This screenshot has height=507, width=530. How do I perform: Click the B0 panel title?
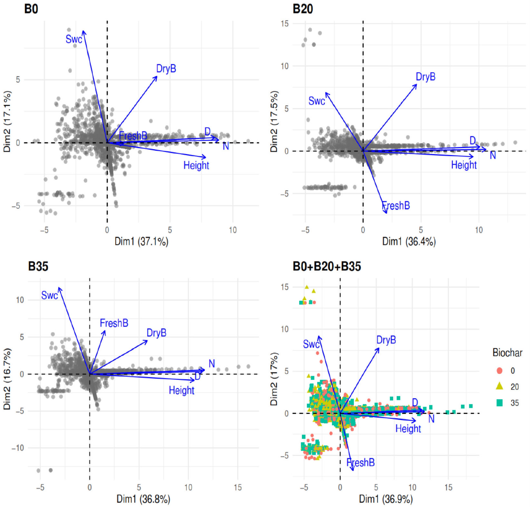click(x=31, y=9)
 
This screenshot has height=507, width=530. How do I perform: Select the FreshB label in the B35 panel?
click(x=114, y=323)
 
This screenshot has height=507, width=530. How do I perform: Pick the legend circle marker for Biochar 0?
click(x=499, y=371)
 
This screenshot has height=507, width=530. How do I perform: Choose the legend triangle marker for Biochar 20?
click(x=499, y=386)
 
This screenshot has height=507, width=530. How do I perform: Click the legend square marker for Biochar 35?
click(x=499, y=403)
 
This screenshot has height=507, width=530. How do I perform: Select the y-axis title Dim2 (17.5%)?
click(x=274, y=121)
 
